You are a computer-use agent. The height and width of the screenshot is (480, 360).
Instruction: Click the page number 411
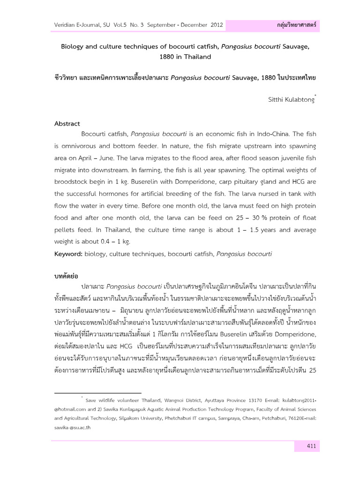310,446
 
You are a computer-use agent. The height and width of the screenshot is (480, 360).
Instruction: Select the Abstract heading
67,124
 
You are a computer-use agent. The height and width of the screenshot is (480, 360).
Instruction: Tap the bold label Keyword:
68,254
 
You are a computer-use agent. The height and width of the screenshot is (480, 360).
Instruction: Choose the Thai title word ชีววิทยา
68,77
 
